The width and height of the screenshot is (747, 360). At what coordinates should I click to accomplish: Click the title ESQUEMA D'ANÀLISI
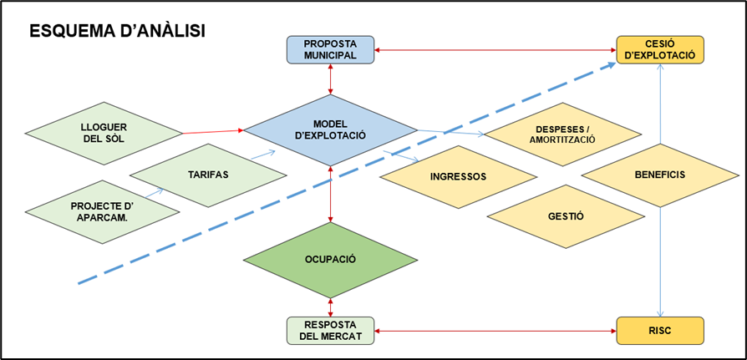(117, 31)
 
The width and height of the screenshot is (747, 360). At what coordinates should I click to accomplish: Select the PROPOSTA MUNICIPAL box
(331, 49)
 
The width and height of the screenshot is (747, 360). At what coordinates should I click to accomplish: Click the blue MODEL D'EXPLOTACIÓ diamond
(331, 129)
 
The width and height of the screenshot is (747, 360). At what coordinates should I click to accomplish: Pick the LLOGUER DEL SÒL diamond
(104, 132)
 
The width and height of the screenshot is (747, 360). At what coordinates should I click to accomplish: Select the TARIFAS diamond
(208, 175)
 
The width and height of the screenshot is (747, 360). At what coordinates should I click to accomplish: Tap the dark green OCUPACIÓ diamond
(331, 259)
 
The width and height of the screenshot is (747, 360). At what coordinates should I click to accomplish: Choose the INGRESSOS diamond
(458, 177)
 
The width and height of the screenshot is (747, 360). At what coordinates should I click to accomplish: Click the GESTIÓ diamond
(566, 215)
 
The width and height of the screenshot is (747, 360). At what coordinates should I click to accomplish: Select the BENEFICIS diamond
(660, 175)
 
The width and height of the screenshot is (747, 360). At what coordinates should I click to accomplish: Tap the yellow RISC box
(661, 330)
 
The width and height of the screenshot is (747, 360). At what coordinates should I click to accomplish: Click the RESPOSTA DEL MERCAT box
(331, 331)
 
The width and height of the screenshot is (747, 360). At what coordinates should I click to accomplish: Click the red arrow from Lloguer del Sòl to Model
(212, 131)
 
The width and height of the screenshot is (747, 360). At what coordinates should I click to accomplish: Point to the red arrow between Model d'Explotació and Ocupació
(332, 194)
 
